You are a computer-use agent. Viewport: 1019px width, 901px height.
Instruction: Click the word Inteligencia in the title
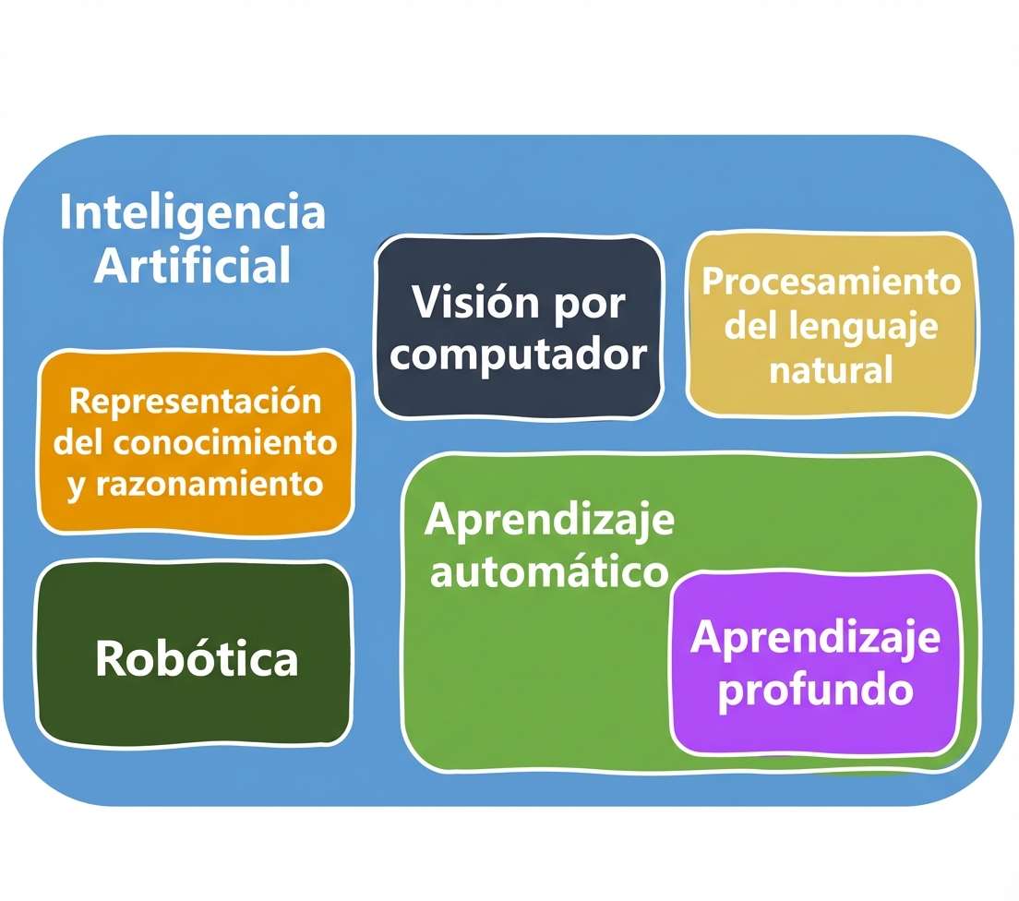click(x=192, y=212)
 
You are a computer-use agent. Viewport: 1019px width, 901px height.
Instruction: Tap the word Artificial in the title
click(x=192, y=265)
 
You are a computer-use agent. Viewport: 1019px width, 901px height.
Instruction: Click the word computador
click(x=517, y=354)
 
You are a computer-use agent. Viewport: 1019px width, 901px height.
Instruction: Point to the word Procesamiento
click(x=831, y=281)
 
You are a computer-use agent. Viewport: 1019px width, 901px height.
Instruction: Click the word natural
click(x=831, y=370)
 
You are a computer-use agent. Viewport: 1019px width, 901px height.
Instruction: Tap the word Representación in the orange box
click(x=196, y=402)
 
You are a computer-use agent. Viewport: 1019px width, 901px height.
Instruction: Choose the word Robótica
click(x=197, y=658)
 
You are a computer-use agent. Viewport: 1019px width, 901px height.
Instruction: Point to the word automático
click(x=549, y=571)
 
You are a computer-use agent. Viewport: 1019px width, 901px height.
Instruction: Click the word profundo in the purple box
click(x=816, y=688)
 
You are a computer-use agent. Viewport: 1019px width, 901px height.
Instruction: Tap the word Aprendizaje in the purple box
click(x=816, y=638)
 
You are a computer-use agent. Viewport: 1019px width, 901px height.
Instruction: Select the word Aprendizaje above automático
click(x=549, y=521)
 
